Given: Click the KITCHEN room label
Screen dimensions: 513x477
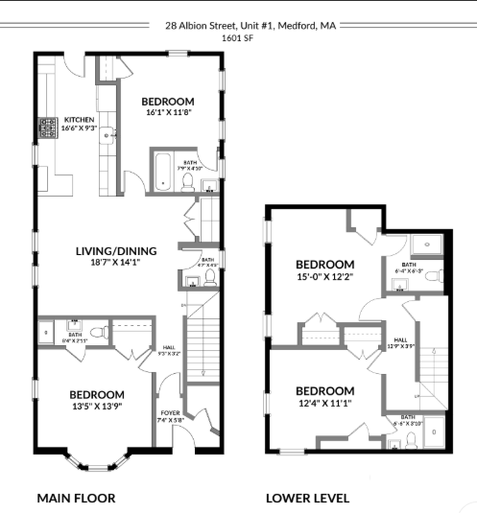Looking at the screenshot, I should (79, 120).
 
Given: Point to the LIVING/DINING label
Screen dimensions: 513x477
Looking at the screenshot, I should (115, 251).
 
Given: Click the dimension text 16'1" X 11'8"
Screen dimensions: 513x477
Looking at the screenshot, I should (168, 113).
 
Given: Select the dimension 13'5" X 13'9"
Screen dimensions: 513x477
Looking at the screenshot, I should (96, 408).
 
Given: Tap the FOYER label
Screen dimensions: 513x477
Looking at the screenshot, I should (169, 413).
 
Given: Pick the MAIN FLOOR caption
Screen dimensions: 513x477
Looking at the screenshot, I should (76, 498).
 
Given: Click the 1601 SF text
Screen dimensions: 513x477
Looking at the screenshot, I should (238, 38).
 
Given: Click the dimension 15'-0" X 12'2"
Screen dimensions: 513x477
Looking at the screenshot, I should (324, 277).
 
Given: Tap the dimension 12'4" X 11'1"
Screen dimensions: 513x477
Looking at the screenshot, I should (324, 404).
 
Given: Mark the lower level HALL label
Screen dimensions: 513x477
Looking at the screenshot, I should (401, 339).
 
